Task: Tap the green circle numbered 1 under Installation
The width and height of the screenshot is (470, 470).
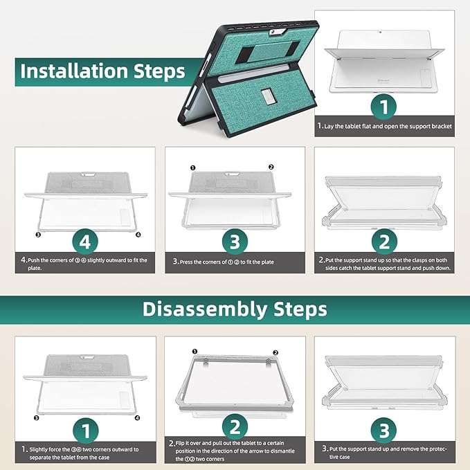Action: (384, 107)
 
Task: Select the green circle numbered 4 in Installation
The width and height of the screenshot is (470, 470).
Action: (85, 242)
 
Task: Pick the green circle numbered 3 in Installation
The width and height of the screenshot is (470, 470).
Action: (235, 242)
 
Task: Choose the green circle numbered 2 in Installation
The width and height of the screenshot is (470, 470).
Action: (384, 242)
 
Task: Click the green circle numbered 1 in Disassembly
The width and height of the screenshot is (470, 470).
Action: (86, 431)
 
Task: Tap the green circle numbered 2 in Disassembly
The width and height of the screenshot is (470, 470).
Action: (235, 426)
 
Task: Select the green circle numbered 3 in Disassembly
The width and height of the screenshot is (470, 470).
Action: (384, 430)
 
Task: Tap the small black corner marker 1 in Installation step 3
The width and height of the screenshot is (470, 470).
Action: (192, 168)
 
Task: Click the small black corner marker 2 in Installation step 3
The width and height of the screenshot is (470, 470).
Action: (271, 167)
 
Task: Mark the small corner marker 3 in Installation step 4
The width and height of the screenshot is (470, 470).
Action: (38, 235)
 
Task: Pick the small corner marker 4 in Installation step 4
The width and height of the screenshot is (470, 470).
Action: (138, 235)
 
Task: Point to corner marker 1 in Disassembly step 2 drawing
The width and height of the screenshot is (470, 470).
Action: (195, 352)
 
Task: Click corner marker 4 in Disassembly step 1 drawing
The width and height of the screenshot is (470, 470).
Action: (137, 418)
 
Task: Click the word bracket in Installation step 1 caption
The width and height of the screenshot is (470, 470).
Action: (442, 126)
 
